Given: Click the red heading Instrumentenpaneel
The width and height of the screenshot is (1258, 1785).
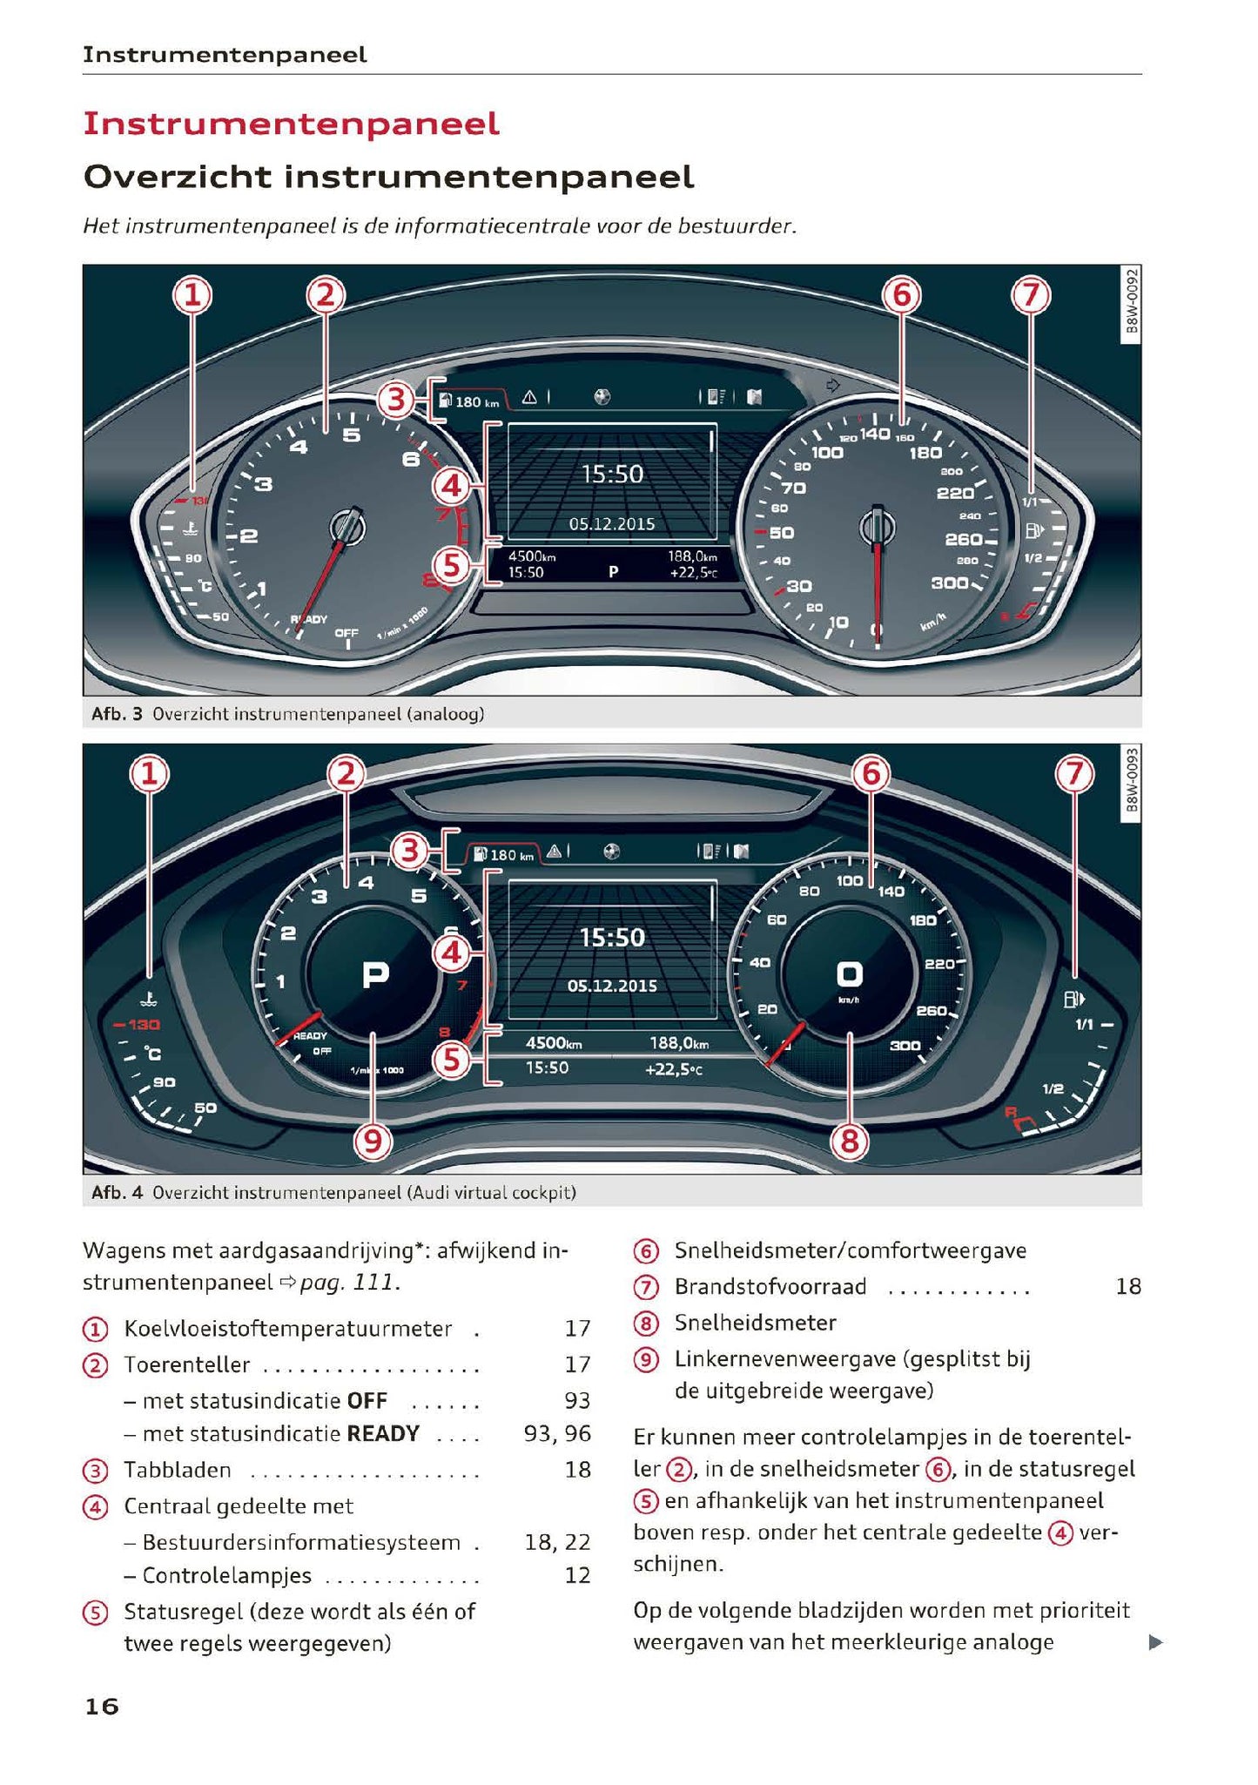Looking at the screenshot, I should coord(291,124).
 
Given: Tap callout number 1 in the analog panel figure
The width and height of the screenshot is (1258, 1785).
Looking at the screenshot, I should coord(192,296).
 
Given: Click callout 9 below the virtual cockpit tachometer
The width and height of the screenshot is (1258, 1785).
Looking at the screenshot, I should coord(373,1141).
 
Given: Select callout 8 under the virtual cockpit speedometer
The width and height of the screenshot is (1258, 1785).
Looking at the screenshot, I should coord(849,1141).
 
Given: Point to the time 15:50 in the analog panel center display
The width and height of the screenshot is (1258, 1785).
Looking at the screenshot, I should coord(612,475).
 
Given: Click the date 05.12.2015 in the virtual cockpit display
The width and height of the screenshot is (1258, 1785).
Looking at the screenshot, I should coord(612,986).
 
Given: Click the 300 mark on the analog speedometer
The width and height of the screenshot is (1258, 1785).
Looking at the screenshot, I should coord(949,583).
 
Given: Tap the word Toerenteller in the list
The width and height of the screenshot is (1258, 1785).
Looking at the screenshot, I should coord(186,1364).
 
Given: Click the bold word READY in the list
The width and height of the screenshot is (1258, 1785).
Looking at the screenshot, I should coord(383,1433).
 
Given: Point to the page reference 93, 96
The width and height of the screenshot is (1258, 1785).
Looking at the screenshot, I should coord(557,1433).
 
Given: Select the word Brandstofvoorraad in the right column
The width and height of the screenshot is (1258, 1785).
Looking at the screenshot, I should coord(770,1286).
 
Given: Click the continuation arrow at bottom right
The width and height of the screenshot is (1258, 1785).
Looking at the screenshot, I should coord(1155,1642).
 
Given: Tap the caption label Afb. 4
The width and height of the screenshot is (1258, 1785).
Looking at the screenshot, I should coord(116,1192).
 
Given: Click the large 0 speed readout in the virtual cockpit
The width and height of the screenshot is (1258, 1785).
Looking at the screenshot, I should coord(849,973).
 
